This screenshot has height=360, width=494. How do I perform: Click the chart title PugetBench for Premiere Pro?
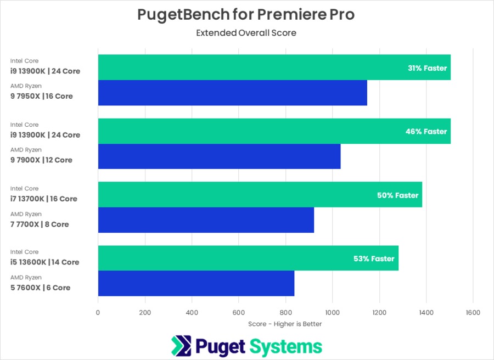[246, 15]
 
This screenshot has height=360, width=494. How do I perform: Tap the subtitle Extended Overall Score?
[246, 33]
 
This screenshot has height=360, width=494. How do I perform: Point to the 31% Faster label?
[428, 69]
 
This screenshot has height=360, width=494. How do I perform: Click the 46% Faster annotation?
[428, 132]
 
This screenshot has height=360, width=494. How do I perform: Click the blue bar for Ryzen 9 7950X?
[232, 93]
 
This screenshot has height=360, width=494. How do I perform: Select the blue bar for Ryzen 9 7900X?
[219, 156]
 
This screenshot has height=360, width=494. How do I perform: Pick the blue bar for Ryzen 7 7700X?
[206, 220]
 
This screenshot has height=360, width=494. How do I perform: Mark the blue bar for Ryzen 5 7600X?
[196, 283]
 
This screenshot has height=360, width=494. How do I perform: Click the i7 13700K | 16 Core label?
[44, 199]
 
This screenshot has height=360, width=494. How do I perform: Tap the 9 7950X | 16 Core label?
[42, 97]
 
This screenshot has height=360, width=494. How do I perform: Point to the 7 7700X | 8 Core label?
[40, 224]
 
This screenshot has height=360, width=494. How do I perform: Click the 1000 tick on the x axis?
[332, 313]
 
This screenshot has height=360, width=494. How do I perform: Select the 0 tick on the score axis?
[98, 313]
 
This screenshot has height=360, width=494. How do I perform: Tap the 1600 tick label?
[473, 313]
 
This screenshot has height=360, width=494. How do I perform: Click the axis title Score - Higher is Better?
[285, 324]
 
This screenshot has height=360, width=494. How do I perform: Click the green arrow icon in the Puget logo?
[180, 346]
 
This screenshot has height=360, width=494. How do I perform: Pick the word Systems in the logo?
[286, 347]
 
